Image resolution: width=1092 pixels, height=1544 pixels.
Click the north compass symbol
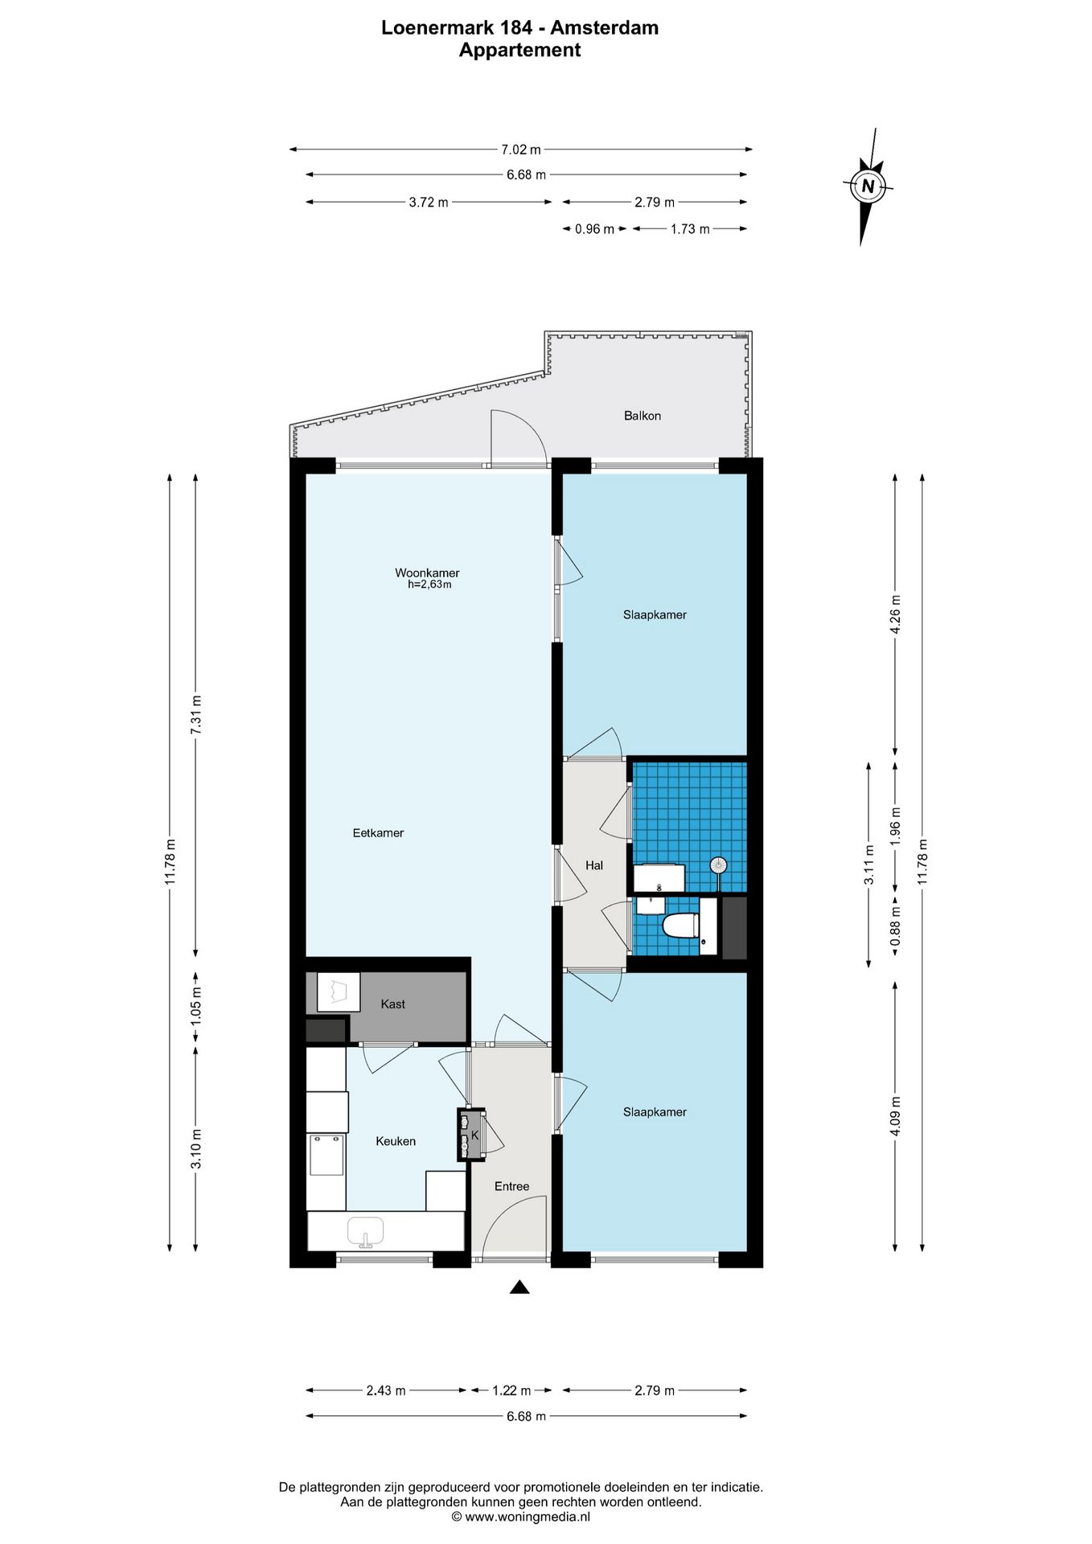pyautogui.click(x=868, y=187)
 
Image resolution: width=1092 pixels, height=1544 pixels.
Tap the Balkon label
pyautogui.click(x=642, y=416)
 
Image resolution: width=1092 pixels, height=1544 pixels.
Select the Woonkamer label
pyautogui.click(x=427, y=573)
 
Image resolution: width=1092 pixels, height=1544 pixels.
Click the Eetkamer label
pyautogui.click(x=378, y=833)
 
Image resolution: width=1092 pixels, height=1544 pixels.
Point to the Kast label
pyautogui.click(x=392, y=1004)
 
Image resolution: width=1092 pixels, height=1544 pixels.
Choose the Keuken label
pyautogui.click(x=396, y=1141)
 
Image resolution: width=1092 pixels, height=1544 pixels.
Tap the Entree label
pyautogui.click(x=511, y=1186)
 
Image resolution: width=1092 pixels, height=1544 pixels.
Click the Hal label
pyautogui.click(x=594, y=865)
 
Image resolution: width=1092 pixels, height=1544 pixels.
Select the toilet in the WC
pyautogui.click(x=680, y=926)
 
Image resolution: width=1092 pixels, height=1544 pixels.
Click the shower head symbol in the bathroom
pyautogui.click(x=718, y=866)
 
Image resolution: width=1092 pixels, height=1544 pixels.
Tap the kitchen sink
pyautogui.click(x=365, y=1231)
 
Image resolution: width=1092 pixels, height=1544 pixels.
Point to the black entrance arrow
pyautogui.click(x=519, y=1287)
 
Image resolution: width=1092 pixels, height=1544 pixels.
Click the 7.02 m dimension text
pyautogui.click(x=521, y=149)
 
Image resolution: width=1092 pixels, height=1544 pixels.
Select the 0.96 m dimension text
pyautogui.click(x=594, y=229)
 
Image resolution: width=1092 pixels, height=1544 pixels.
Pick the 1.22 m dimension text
pyautogui.click(x=511, y=1390)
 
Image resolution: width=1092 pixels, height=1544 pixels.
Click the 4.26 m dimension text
pyautogui.click(x=896, y=614)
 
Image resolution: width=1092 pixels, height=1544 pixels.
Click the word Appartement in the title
pyautogui.click(x=519, y=50)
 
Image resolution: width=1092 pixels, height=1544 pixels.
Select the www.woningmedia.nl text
pyautogui.click(x=528, y=1516)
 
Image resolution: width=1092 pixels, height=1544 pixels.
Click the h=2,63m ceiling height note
pyautogui.click(x=429, y=585)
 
